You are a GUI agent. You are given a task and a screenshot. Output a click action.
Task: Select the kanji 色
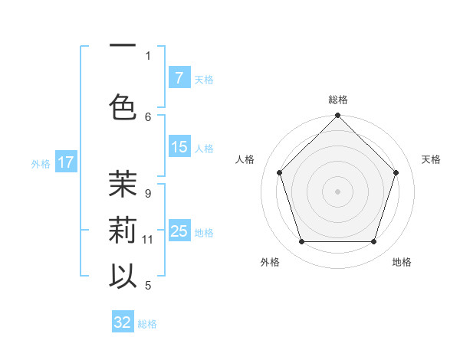click(x=123, y=107)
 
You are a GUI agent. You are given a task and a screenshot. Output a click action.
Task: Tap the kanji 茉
click(x=123, y=184)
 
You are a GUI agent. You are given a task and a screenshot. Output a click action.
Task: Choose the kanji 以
click(x=123, y=276)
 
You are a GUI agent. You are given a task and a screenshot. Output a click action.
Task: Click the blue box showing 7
click(x=179, y=77)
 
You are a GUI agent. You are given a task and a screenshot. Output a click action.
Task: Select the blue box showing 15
click(x=179, y=147)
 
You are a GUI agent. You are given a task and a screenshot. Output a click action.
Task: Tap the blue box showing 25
click(x=179, y=231)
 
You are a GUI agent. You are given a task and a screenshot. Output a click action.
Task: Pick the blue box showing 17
click(x=66, y=162)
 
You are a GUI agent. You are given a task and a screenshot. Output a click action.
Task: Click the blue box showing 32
click(x=123, y=322)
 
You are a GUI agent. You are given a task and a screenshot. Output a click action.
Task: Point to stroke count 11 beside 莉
click(x=148, y=240)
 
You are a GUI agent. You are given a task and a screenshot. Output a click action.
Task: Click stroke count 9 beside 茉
click(x=148, y=194)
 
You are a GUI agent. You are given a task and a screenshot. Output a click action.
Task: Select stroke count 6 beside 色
click(x=148, y=116)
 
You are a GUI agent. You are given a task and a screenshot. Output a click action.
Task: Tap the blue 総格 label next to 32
click(x=148, y=324)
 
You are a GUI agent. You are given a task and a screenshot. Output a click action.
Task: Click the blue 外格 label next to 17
click(x=41, y=163)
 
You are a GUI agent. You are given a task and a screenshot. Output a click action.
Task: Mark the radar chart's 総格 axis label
click(x=337, y=100)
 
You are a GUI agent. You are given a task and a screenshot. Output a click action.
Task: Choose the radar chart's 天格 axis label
click(x=432, y=159)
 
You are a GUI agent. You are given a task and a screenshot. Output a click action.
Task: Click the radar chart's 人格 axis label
click(x=245, y=159)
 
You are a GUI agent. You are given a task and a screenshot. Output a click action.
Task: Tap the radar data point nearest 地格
click(x=373, y=241)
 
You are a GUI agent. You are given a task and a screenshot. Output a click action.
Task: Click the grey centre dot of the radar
click(x=337, y=191)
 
